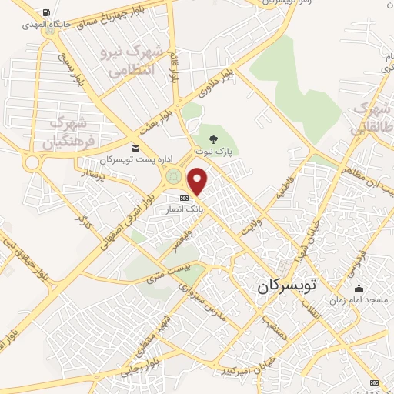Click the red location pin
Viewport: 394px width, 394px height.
click(x=199, y=181)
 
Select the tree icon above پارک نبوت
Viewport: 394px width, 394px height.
click(x=213, y=139)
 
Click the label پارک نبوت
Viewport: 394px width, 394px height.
click(x=213, y=152)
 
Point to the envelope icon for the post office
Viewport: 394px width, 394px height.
click(x=136, y=149)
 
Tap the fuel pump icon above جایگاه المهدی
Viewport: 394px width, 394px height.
click(x=48, y=13)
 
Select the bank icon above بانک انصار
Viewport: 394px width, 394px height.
click(x=183, y=198)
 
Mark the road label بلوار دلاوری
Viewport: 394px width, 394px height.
click(x=216, y=84)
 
